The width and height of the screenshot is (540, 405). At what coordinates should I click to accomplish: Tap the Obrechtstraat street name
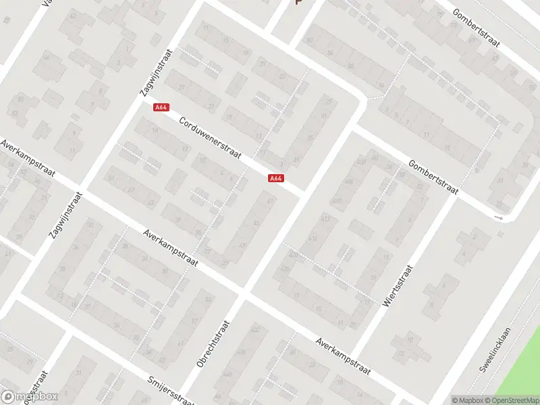(x=213, y=344)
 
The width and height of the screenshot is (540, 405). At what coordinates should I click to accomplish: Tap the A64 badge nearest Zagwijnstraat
(x=161, y=107)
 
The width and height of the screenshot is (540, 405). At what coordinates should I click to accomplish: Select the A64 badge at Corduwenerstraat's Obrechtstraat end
(x=275, y=178)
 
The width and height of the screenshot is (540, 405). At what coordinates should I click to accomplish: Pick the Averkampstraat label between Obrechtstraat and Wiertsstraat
(x=344, y=352)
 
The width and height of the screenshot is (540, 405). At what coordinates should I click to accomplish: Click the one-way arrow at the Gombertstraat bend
(x=499, y=218)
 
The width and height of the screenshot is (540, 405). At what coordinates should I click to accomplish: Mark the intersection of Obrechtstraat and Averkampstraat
(x=243, y=292)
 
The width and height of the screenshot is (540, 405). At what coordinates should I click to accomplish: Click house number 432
(x=255, y=329)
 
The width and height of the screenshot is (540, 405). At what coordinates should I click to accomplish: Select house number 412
(x=326, y=219)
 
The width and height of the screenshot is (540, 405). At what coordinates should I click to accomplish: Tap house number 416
(x=313, y=239)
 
